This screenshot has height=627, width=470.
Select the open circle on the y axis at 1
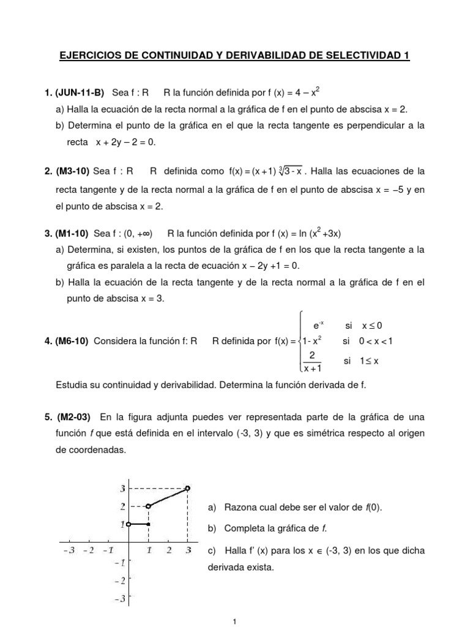[129, 524]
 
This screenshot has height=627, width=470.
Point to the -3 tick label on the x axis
[69, 550]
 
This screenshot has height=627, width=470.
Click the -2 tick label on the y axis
[121, 580]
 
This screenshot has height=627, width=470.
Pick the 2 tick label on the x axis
[168, 550]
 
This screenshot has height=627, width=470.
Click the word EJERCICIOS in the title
[91, 56]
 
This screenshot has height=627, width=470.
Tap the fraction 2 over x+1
[312, 361]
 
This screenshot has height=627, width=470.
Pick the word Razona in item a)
[241, 509]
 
